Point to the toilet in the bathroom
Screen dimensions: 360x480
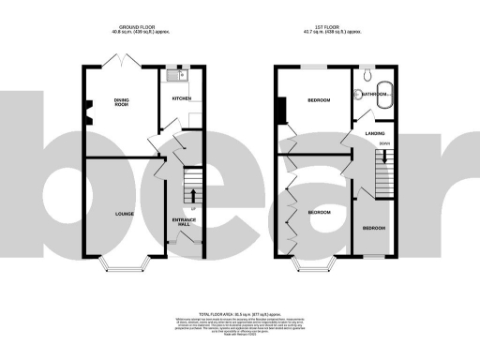367,73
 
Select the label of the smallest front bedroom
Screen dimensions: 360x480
373,228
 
